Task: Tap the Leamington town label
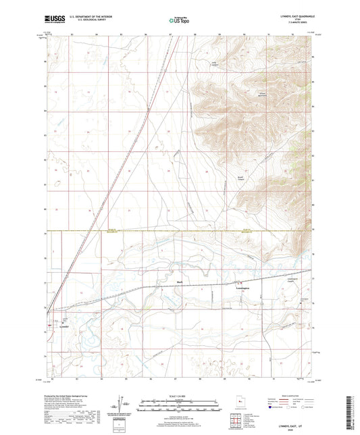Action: coord(242,287)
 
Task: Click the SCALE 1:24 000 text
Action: coord(179,397)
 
